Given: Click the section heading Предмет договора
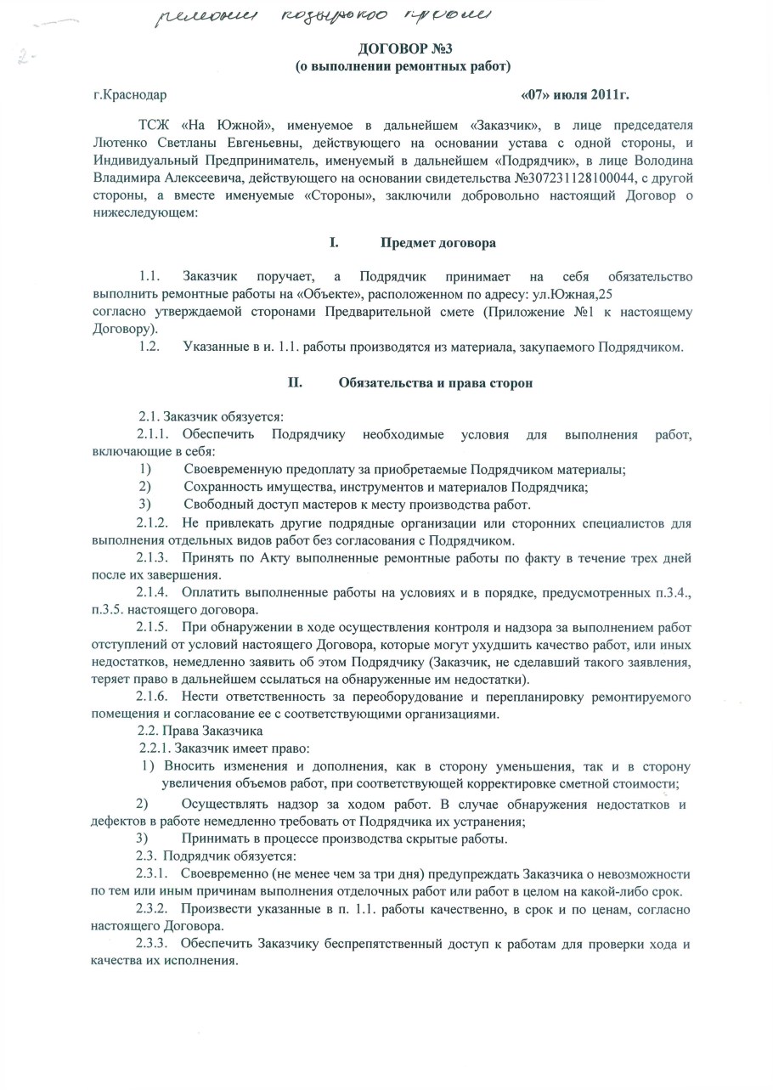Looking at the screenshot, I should (438, 243).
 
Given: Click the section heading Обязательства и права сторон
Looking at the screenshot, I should (435, 383).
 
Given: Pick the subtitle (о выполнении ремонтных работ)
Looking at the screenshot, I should (402, 65).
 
